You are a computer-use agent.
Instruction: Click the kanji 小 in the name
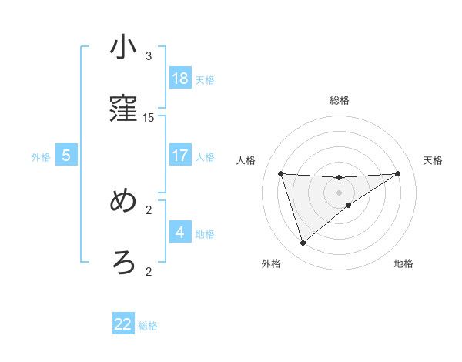(123, 48)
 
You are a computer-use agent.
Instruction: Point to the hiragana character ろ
(123, 263)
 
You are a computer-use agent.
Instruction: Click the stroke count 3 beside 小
(149, 56)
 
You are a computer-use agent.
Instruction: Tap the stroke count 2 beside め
(149, 209)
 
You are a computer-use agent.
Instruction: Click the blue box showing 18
(180, 79)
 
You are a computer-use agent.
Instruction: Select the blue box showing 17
(180, 156)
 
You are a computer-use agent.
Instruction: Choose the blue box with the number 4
(180, 232)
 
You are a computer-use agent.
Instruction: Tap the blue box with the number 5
(66, 156)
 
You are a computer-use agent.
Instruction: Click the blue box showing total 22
(123, 324)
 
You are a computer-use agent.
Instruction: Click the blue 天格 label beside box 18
(205, 79)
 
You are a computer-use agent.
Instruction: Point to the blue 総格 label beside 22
(148, 325)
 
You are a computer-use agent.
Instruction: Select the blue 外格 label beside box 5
(41, 156)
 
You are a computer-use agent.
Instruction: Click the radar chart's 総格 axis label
(340, 100)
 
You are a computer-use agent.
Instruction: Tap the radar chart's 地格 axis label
(403, 263)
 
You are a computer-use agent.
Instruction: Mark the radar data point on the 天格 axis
(398, 173)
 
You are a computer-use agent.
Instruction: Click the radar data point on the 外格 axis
(303, 243)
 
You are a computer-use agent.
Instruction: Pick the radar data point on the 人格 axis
(281, 173)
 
